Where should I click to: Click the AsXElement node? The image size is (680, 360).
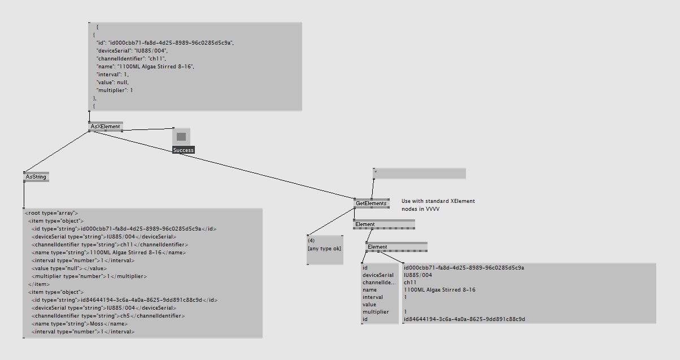[106, 127]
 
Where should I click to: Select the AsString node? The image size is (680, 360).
[36, 177]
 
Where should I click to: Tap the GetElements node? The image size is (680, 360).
[371, 203]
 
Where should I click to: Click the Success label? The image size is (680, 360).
[184, 150]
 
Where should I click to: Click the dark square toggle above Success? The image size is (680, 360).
[181, 137]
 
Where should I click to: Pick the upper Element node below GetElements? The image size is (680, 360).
[384, 224]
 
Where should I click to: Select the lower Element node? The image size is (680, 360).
[396, 246]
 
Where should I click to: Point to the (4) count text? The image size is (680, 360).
[311, 241]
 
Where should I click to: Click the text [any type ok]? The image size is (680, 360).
[325, 249]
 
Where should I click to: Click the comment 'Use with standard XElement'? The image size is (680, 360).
[438, 201]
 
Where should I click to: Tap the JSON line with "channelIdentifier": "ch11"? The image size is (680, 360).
[131, 59]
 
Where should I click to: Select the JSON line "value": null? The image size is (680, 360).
[112, 83]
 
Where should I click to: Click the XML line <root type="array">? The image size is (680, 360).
[51, 213]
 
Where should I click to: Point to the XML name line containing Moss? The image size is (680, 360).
[80, 324]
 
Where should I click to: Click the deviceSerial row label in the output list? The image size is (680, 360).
[378, 275]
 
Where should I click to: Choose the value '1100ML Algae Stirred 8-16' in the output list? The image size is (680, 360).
[439, 290]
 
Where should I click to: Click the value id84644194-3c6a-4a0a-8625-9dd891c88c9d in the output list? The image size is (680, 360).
[464, 319]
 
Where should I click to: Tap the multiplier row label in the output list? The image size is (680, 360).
[376, 312]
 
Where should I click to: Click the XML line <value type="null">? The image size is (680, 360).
[69, 268]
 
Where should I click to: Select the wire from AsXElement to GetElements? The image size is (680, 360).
[222, 165]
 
